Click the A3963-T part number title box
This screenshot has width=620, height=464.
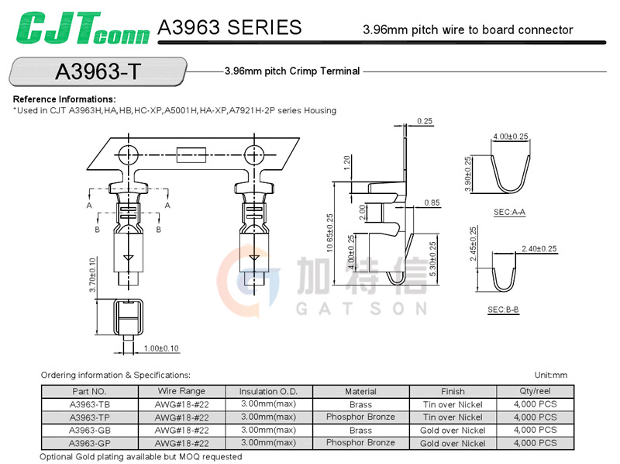(x=98, y=71)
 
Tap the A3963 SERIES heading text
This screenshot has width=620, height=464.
(x=229, y=28)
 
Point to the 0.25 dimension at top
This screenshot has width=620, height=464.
(x=425, y=121)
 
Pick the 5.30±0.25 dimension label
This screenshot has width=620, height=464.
(x=432, y=260)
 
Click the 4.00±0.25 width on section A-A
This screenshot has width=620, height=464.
(x=510, y=137)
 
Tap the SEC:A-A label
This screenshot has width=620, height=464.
(x=509, y=212)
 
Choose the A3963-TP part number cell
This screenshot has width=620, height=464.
(x=89, y=417)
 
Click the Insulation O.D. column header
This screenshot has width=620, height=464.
(x=268, y=392)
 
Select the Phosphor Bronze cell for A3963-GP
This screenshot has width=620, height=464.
(x=360, y=443)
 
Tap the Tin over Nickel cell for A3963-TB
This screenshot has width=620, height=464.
(x=453, y=405)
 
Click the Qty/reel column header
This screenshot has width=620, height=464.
(x=535, y=392)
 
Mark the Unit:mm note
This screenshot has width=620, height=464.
(x=551, y=375)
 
